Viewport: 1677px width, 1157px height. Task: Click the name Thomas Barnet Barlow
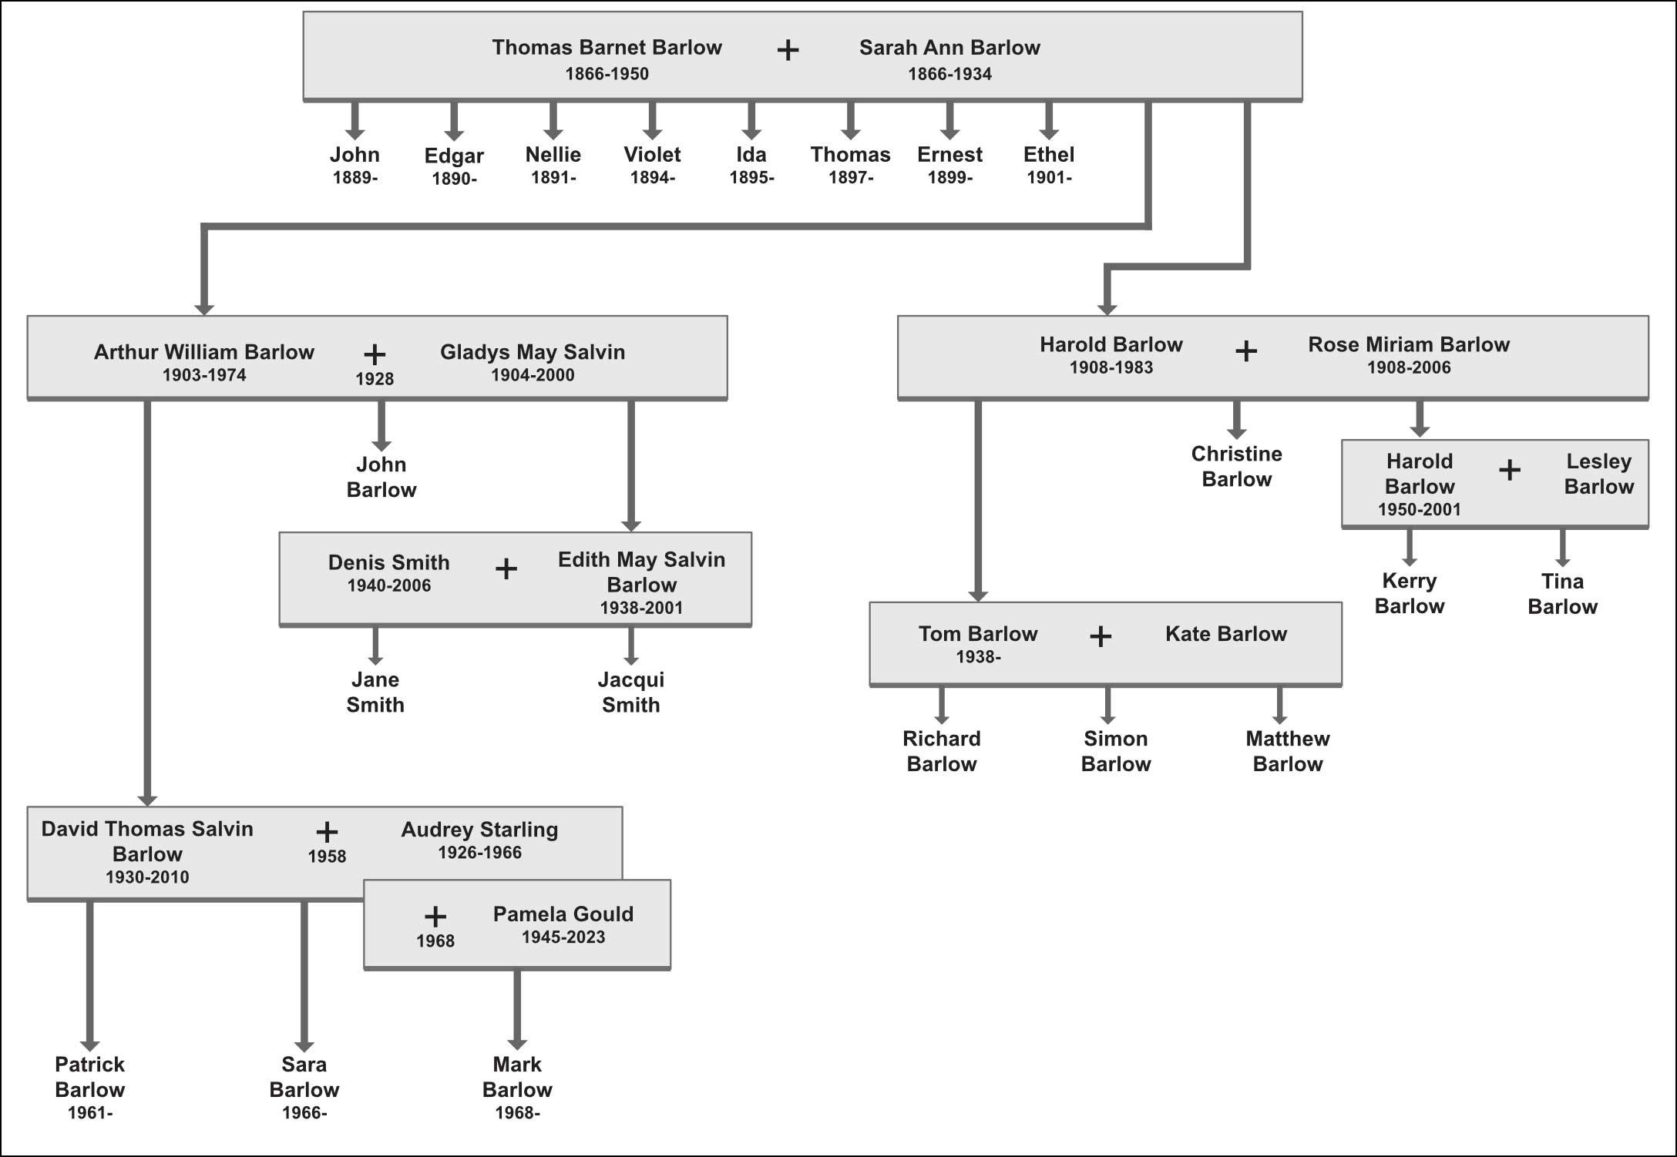pyautogui.click(x=607, y=48)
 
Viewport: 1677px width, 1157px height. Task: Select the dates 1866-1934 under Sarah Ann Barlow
pyautogui.click(x=949, y=74)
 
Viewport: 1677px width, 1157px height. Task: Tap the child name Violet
pyautogui.click(x=652, y=154)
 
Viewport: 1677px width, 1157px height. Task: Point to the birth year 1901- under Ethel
pyautogui.click(x=1048, y=178)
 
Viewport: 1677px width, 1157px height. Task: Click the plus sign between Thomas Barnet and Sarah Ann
pyautogui.click(x=788, y=51)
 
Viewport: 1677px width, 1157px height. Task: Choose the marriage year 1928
pyautogui.click(x=375, y=379)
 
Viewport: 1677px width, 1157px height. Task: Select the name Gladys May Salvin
pyautogui.click(x=532, y=352)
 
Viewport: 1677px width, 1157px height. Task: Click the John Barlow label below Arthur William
pyautogui.click(x=381, y=477)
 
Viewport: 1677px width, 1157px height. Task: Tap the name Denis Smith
pyautogui.click(x=388, y=562)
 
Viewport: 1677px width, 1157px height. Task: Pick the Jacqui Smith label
pyautogui.click(x=630, y=692)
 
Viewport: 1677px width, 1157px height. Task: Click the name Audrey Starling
pyautogui.click(x=479, y=830)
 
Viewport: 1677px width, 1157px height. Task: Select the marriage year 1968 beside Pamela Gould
pyautogui.click(x=435, y=941)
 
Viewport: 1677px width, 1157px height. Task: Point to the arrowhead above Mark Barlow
pyautogui.click(x=517, y=1043)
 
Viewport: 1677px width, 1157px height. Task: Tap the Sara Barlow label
pyautogui.click(x=304, y=1077)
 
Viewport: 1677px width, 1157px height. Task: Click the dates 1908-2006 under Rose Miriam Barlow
pyautogui.click(x=1408, y=368)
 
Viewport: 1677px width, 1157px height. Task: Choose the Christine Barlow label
pyautogui.click(x=1236, y=466)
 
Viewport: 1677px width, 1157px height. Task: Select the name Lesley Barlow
pyautogui.click(x=1598, y=474)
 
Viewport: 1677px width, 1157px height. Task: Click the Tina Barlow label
pyautogui.click(x=1562, y=594)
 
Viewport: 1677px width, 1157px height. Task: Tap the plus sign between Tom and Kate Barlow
pyautogui.click(x=1101, y=636)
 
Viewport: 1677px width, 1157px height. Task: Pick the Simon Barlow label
pyautogui.click(x=1115, y=751)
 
